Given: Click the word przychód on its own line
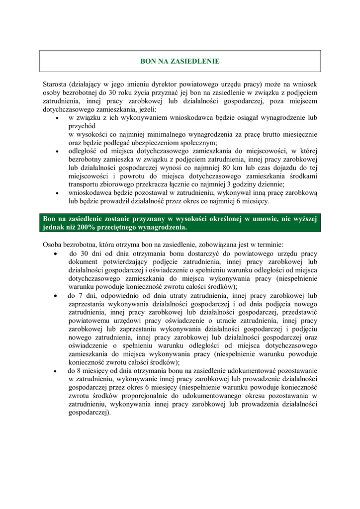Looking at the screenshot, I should point(82,126).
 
